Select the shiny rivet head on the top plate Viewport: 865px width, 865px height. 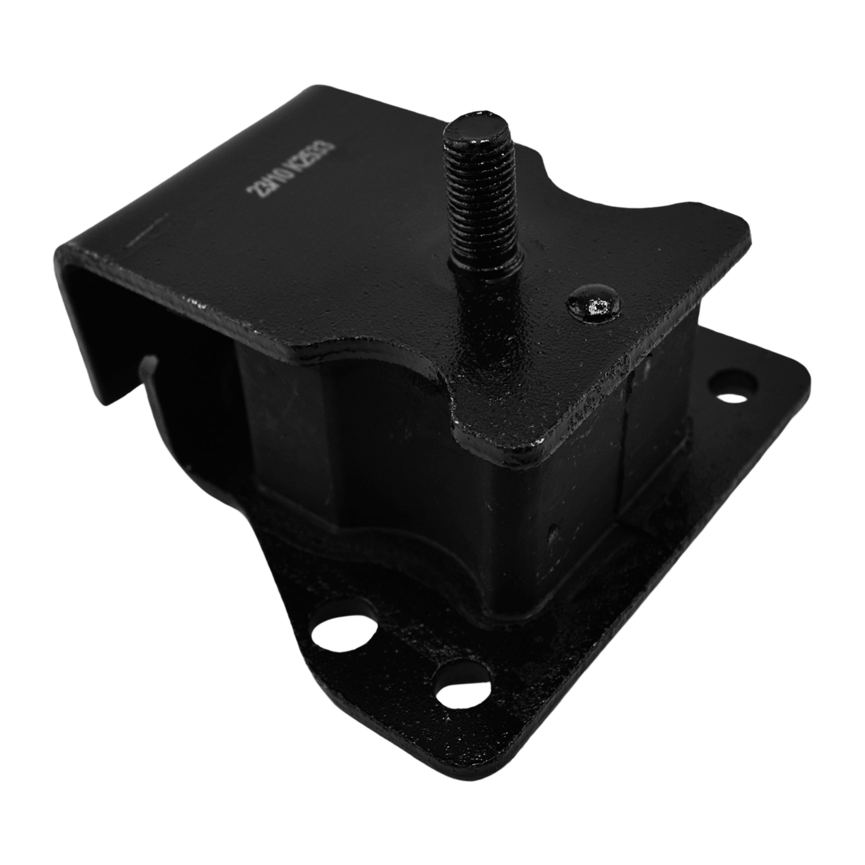[594, 304]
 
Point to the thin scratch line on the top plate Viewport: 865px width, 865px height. [147, 230]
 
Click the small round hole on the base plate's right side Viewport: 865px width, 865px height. [733, 394]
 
